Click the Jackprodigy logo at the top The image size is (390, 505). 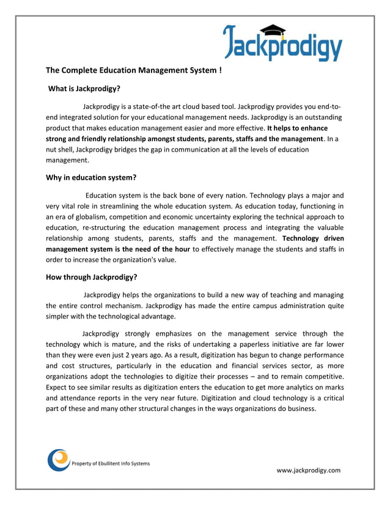tap(282, 42)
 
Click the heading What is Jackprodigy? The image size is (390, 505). tap(84, 89)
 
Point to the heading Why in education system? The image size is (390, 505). tap(91, 178)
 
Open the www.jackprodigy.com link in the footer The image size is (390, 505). tap(308, 470)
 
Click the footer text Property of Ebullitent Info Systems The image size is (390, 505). tap(111, 463)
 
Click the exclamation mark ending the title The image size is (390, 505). tap(220, 70)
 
